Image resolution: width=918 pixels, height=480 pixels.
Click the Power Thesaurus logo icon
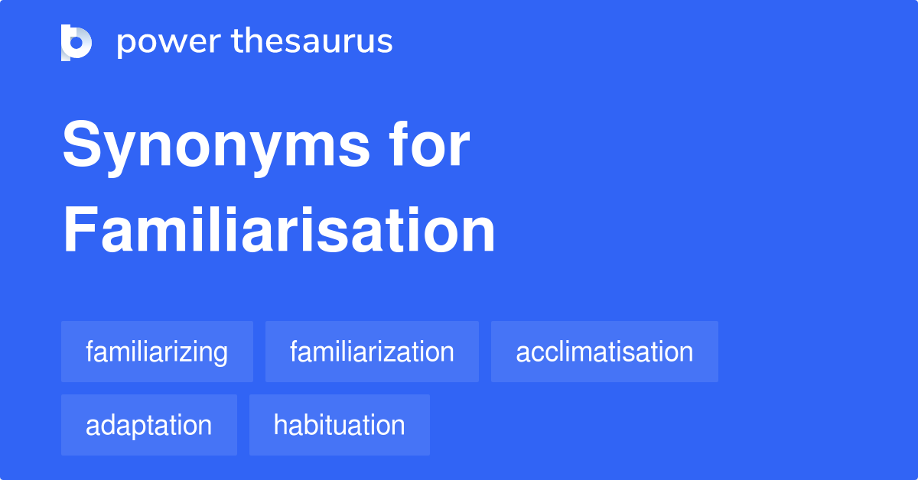click(x=76, y=42)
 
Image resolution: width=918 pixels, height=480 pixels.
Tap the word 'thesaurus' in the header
click(x=312, y=42)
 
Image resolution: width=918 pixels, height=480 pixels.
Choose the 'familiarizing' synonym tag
click(x=157, y=352)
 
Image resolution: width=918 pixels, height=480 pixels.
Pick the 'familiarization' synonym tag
click(x=372, y=352)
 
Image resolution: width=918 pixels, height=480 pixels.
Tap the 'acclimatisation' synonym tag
click(x=604, y=352)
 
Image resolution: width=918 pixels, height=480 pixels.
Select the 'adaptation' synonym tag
click(x=148, y=425)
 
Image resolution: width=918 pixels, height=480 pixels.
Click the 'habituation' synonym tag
click(x=339, y=425)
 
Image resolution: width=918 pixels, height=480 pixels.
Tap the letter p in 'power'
click(x=125, y=45)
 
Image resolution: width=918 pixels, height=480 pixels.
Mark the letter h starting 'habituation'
click(x=280, y=425)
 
